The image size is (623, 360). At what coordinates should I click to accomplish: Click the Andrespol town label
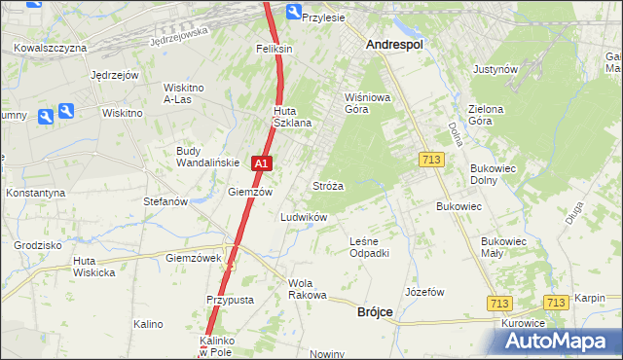click(x=399, y=45)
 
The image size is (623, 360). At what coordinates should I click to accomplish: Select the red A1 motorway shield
click(x=261, y=165)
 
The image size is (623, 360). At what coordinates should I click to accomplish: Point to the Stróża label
click(x=327, y=185)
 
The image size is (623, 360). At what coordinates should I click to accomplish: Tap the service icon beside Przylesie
click(x=294, y=12)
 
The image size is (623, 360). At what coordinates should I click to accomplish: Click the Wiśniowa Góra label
click(x=367, y=103)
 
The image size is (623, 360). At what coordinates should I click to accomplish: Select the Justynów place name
click(x=495, y=70)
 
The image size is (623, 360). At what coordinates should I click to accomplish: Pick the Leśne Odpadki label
click(x=369, y=247)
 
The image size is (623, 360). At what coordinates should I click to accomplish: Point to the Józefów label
click(x=424, y=292)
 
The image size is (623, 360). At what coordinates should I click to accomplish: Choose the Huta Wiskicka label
click(x=93, y=267)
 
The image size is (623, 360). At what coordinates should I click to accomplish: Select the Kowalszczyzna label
click(x=52, y=48)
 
